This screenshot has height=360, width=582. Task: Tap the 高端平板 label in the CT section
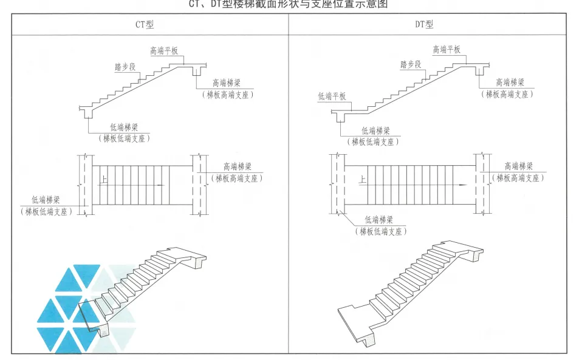[163, 51]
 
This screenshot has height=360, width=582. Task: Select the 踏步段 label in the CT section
[125, 67]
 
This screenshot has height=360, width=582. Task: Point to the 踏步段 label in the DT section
[411, 65]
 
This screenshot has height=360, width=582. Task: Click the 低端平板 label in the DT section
[331, 96]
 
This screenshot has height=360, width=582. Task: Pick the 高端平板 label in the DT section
[447, 50]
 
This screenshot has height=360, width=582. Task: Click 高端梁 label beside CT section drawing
[227, 83]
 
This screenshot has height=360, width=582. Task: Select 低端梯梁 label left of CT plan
[45, 200]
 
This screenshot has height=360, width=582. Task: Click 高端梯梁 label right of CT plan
[238, 167]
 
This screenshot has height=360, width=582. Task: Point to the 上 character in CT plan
[105, 180]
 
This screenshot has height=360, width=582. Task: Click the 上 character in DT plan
[363, 180]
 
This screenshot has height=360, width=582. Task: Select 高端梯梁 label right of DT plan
[519, 166]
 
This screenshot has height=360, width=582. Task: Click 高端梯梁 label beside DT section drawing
[510, 83]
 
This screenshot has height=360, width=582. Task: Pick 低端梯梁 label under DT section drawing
[376, 131]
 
